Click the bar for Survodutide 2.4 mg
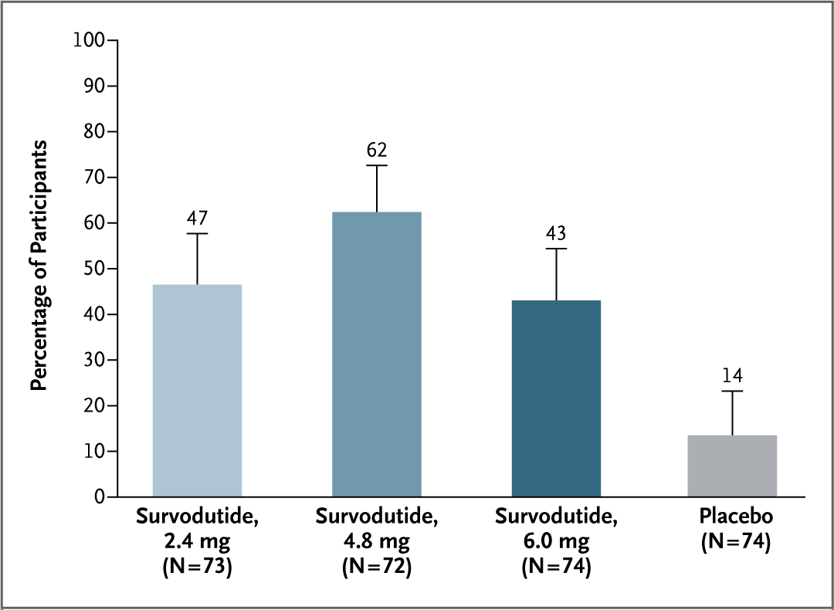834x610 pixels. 197,390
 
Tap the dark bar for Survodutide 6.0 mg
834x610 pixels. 556,398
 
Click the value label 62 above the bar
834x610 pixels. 377,150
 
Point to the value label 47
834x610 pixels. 197,219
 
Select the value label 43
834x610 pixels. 556,234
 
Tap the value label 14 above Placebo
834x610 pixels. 732,376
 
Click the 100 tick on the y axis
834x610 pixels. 90,40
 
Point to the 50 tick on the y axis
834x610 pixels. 95,269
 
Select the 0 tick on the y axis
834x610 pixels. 100,496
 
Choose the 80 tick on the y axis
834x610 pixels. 95,131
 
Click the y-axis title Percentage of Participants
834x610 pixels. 39,266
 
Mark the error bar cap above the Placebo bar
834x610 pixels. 732,391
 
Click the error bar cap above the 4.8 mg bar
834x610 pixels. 377,165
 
